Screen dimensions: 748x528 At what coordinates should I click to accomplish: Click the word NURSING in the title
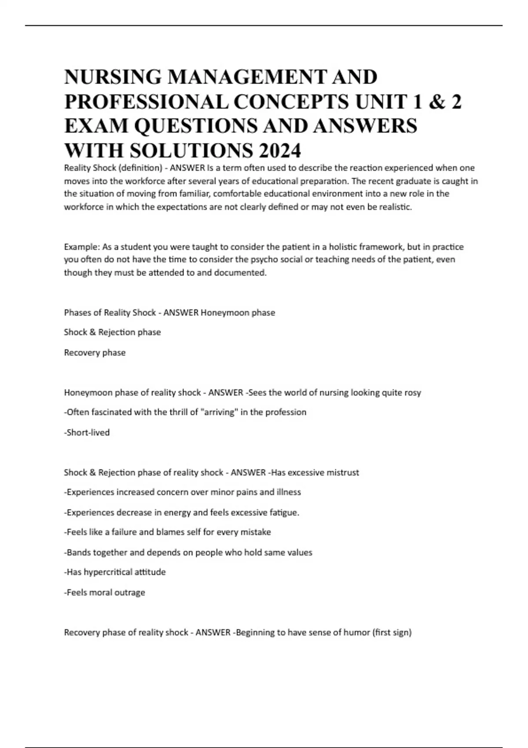(x=113, y=77)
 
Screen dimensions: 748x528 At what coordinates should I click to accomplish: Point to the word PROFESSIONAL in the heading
(x=146, y=102)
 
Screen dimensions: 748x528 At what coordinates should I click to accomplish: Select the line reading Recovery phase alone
(x=95, y=352)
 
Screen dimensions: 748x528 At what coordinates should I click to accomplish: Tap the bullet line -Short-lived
(x=87, y=433)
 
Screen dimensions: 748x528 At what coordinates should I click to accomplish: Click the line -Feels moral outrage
(x=104, y=592)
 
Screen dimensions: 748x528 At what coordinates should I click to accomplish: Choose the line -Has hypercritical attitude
(x=115, y=572)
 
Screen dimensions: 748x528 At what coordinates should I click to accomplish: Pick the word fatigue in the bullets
(x=284, y=513)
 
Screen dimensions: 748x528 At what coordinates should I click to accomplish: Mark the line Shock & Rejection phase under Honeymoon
(x=112, y=332)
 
